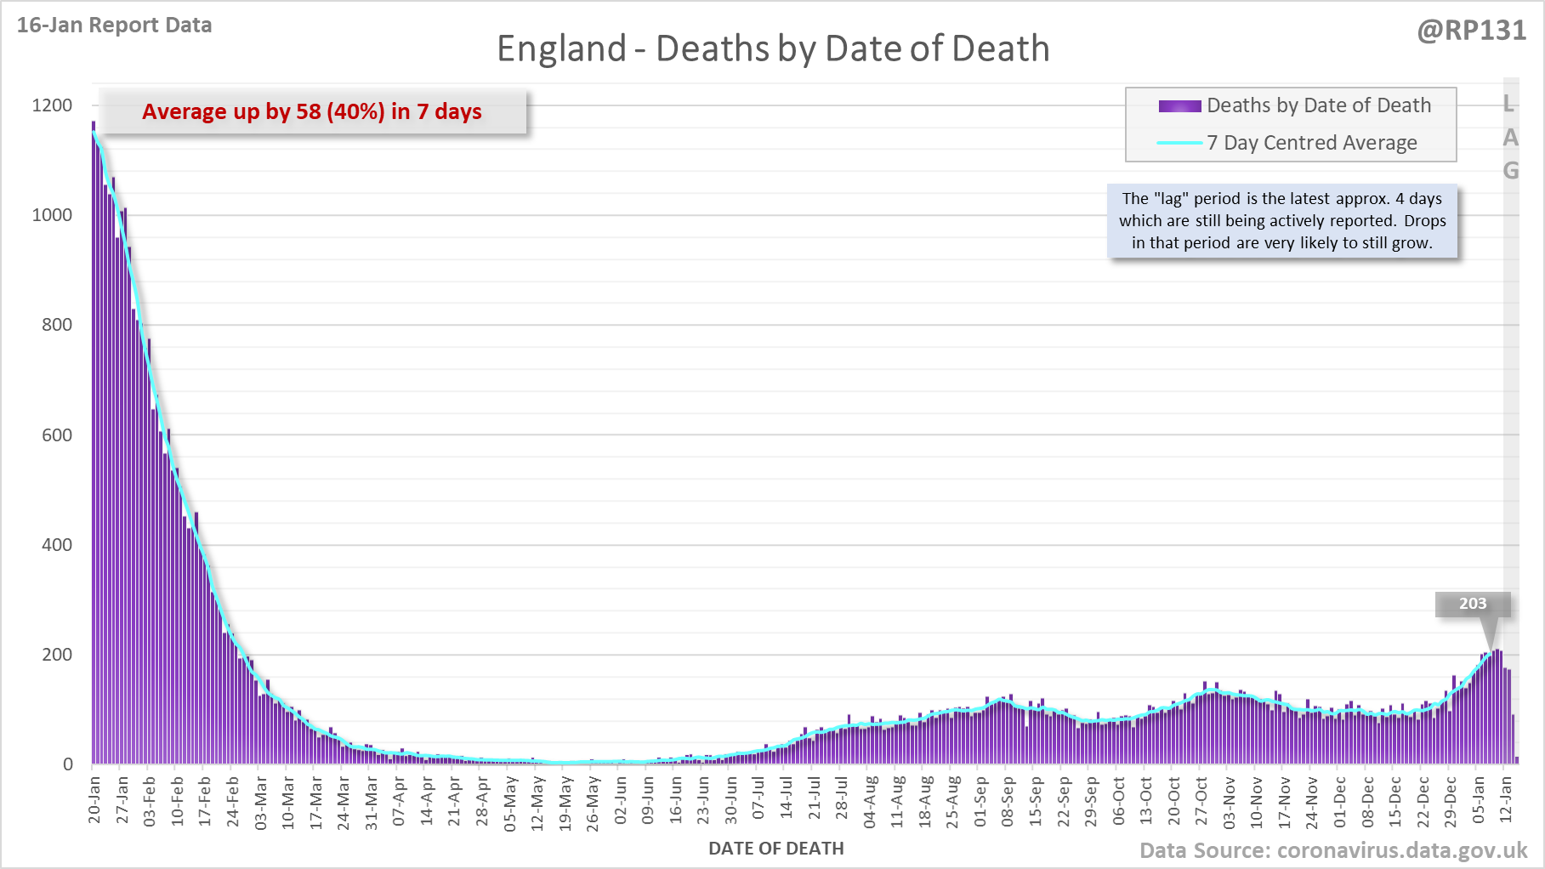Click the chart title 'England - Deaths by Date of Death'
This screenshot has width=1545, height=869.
[773, 48]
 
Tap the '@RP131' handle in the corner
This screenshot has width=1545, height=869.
[1471, 31]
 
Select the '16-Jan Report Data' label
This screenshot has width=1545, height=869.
[115, 26]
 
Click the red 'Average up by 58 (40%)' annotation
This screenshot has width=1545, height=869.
[312, 111]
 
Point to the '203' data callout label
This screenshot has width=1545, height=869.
[1473, 604]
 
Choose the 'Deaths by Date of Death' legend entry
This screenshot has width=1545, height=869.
[1318, 105]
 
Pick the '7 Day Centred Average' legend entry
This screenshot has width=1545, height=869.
[1311, 143]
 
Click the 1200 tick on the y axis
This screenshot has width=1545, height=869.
[53, 105]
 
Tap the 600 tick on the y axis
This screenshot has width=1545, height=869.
[57, 435]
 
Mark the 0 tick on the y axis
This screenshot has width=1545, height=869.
[68, 764]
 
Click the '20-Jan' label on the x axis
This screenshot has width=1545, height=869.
[94, 799]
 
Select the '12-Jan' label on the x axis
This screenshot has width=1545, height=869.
[1506, 799]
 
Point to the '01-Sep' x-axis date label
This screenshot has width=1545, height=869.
[980, 799]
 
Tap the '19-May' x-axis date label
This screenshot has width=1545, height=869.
[565, 799]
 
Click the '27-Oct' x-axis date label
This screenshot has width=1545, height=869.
[1201, 799]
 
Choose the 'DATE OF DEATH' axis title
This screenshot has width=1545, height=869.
[776, 849]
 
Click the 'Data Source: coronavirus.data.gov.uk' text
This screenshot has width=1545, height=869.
[1333, 851]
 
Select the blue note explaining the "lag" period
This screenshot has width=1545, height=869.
[1282, 221]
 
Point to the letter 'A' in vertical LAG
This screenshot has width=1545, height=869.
[1510, 138]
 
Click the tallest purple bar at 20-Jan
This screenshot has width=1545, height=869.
[94, 442]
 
